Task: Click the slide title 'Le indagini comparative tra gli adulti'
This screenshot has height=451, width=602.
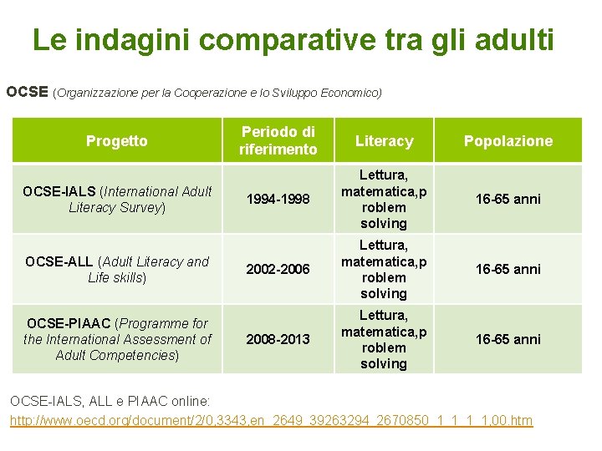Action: pyautogui.click(x=293, y=39)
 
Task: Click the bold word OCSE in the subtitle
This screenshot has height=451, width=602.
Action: pyautogui.click(x=27, y=92)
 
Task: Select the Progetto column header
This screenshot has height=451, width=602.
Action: pyautogui.click(x=116, y=141)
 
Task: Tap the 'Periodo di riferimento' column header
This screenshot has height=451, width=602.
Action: pyautogui.click(x=278, y=140)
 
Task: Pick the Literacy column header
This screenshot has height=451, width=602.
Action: pyautogui.click(x=384, y=141)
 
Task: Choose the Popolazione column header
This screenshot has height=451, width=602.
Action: pyautogui.click(x=508, y=141)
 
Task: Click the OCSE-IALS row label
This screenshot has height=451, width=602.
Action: pyautogui.click(x=116, y=199)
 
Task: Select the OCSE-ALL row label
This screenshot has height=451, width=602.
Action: pyautogui.click(x=116, y=269)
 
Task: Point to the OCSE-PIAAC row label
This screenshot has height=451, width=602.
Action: pyautogui.click(x=116, y=339)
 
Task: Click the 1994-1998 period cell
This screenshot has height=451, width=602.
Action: pyautogui.click(x=278, y=200)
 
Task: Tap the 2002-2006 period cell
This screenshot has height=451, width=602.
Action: pyautogui.click(x=278, y=269)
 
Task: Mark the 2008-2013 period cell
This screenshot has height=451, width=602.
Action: pyautogui.click(x=278, y=339)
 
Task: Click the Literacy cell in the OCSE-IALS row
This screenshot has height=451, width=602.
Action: pyautogui.click(x=384, y=199)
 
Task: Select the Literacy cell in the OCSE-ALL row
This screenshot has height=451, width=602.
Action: pyautogui.click(x=384, y=269)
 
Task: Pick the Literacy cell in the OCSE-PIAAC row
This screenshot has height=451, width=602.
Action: pyautogui.click(x=384, y=339)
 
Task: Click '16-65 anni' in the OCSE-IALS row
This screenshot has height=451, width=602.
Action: pyautogui.click(x=508, y=199)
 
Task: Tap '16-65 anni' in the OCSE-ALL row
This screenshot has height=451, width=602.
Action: pyautogui.click(x=508, y=269)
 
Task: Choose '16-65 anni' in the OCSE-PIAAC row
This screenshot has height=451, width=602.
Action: pyautogui.click(x=508, y=339)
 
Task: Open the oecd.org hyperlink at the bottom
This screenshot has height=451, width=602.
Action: pyautogui.click(x=271, y=420)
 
